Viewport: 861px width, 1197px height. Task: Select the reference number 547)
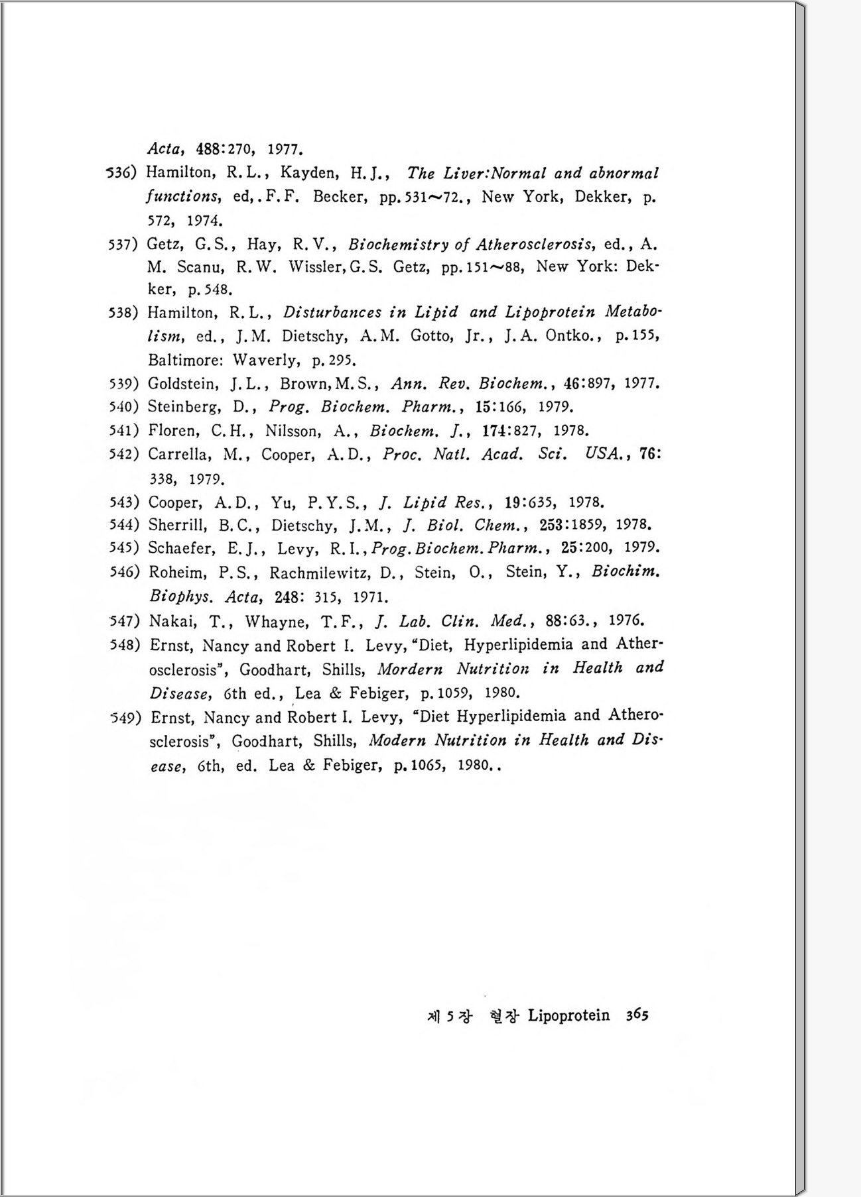pos(125,621)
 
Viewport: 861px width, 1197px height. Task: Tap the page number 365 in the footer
pos(637,1015)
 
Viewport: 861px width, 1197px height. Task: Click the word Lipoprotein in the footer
pos(568,1015)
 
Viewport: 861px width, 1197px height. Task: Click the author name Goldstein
pos(183,384)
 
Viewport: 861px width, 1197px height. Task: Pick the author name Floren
pos(172,431)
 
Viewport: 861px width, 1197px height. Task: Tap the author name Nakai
pos(168,621)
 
